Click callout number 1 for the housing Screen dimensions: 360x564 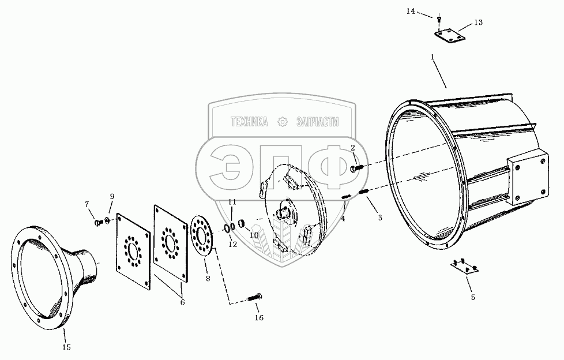click(432, 57)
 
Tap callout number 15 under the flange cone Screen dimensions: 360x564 click(66, 347)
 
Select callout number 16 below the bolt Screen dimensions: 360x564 click(259, 317)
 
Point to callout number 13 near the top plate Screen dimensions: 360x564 click(478, 22)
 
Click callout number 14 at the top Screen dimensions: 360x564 click(426, 11)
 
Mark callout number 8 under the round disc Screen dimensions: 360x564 click(208, 279)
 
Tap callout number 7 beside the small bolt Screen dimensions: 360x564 click(87, 204)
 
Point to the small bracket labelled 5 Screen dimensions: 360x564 click(464, 265)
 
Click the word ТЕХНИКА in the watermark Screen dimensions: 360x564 click(249, 122)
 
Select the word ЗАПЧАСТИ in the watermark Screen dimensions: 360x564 click(317, 122)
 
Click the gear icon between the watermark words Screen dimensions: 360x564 click(282, 122)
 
